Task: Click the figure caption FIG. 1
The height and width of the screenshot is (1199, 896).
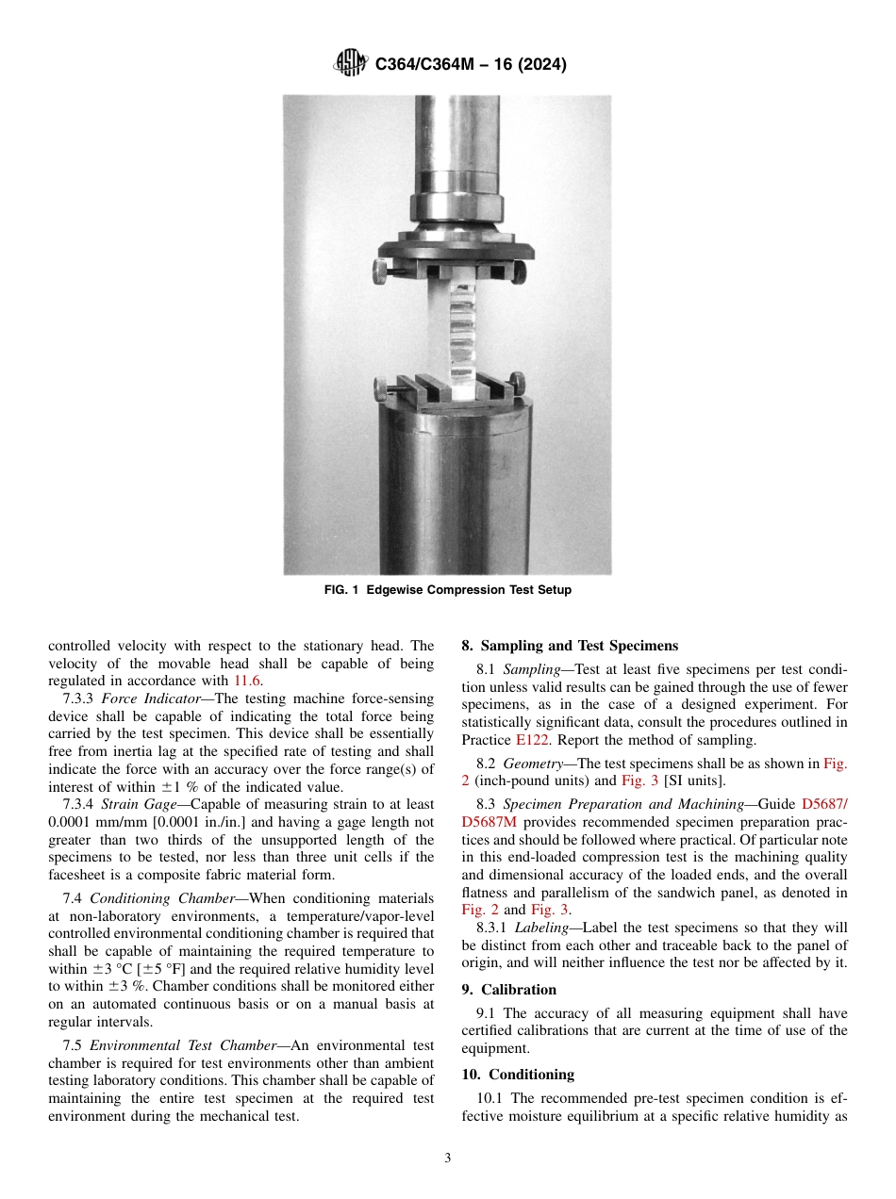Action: coord(447,590)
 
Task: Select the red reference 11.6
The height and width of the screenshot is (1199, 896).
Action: coord(249,680)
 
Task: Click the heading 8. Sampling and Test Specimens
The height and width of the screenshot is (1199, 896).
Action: coord(569,646)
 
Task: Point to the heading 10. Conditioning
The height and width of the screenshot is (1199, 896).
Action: coord(517,1075)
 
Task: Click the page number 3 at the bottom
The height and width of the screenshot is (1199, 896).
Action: coord(447,1158)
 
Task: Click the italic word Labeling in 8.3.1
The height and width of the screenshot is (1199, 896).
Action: coord(542,928)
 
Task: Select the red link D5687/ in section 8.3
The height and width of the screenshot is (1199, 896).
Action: coord(824,804)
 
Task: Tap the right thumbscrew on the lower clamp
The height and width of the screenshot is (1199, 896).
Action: coord(516,385)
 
